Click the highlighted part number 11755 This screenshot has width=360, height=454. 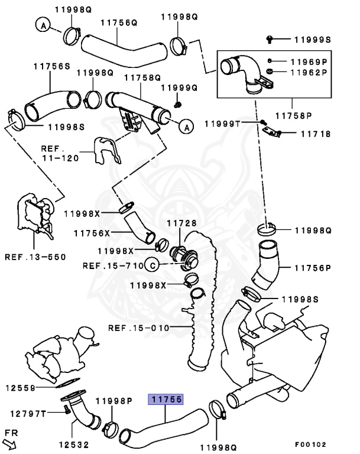pyautogui.click(x=165, y=400)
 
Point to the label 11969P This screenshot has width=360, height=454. pyautogui.click(x=308, y=61)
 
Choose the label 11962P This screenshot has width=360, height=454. pyautogui.click(x=308, y=72)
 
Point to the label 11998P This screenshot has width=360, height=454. pyautogui.click(x=113, y=401)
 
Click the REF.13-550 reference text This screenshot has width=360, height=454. pyautogui.click(x=35, y=257)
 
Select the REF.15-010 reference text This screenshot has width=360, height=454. pyautogui.click(x=139, y=327)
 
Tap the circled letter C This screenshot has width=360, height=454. pyautogui.click(x=152, y=266)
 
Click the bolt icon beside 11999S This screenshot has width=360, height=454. pyautogui.click(x=270, y=39)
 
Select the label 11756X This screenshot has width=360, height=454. pyautogui.click(x=92, y=234)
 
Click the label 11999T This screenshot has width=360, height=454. pyautogui.click(x=223, y=124)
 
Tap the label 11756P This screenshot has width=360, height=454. pyautogui.click(x=312, y=268)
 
